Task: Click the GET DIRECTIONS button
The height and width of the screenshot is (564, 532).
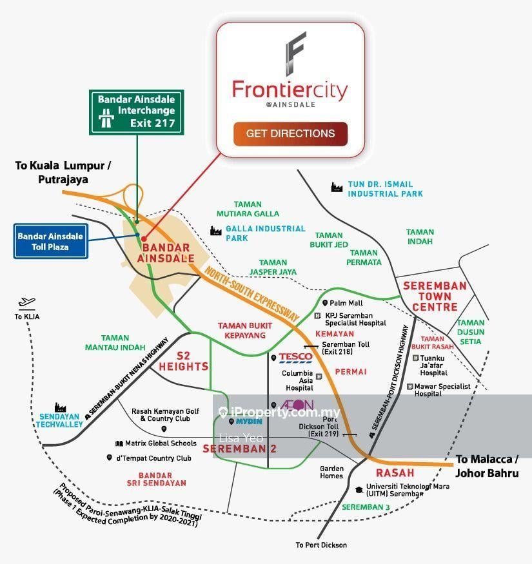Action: (290, 133)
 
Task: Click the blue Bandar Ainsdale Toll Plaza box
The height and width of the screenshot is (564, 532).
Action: (51, 241)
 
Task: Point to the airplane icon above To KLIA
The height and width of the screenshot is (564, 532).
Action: (26, 302)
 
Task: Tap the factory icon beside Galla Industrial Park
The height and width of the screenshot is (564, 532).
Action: (215, 231)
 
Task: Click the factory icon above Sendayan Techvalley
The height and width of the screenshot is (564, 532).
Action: (61, 407)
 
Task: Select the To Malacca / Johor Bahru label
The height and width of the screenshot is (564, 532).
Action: (487, 465)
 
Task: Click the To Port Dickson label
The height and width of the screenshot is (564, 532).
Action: (321, 545)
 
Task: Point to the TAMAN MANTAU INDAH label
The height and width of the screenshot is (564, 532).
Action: (115, 342)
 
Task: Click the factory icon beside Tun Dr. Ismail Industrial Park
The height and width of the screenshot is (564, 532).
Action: (335, 187)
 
